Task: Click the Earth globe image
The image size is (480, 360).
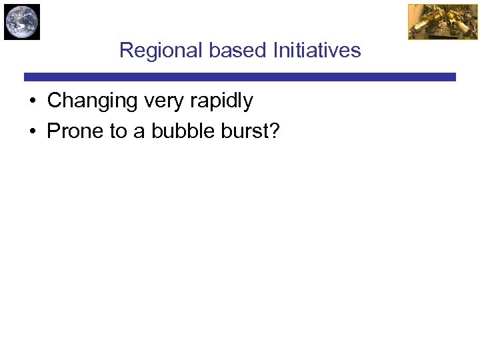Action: (x=21, y=21)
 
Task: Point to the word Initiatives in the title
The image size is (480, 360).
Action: (x=317, y=51)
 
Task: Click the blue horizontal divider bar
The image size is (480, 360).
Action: (x=239, y=77)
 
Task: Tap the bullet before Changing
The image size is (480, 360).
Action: (x=32, y=102)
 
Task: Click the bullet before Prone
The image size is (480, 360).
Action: (x=32, y=132)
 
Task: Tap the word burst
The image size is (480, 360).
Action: (x=245, y=131)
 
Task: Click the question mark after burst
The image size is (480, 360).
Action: (x=275, y=131)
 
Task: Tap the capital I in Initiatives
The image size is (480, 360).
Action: (x=275, y=51)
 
